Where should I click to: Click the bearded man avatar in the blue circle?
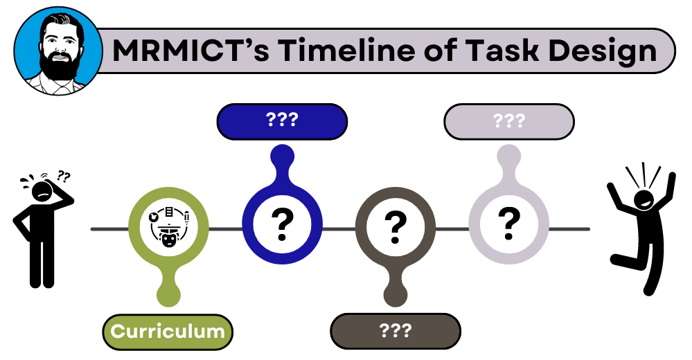(53, 53)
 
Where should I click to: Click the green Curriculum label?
(167, 331)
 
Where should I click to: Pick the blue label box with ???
(282, 120)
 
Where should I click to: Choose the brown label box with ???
(396, 330)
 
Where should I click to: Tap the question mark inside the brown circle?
(395, 223)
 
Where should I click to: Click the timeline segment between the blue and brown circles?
(339, 228)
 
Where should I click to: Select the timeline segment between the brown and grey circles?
(452, 228)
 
